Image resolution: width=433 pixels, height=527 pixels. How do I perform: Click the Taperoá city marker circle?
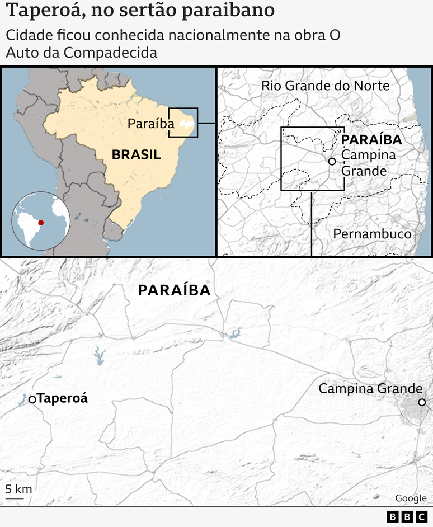tap(32, 399)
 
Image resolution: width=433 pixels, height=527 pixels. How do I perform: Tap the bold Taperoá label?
tap(62, 399)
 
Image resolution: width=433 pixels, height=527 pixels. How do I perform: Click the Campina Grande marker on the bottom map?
tap(422, 402)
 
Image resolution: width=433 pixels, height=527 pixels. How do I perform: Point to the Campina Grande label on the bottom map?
tap(370, 388)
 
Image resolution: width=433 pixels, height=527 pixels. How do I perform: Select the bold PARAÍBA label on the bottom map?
tap(174, 290)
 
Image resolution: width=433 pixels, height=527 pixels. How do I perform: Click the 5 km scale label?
tap(18, 489)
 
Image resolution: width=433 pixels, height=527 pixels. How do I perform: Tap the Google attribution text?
tap(411, 498)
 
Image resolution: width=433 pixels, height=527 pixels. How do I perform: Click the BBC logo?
tap(407, 517)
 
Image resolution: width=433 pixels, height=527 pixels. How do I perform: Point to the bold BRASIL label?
tap(136, 155)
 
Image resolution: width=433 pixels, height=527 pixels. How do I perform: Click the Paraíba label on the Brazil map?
tap(150, 124)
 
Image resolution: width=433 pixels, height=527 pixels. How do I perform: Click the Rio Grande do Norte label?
tap(326, 86)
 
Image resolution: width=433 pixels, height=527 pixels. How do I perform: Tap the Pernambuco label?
tap(372, 234)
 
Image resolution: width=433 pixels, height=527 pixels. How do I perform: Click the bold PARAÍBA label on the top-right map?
tap(371, 140)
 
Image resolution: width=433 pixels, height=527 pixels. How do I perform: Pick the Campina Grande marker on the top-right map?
tap(332, 161)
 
